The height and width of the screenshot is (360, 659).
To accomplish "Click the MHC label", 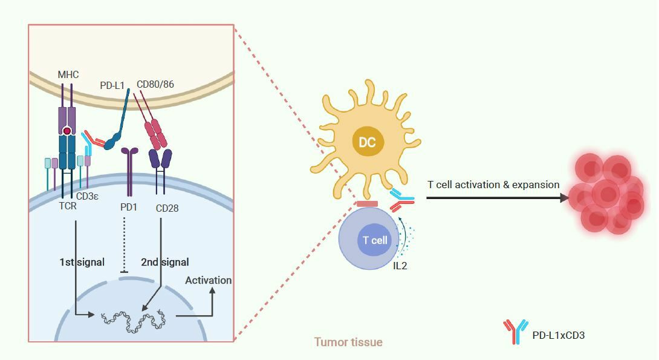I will (68, 74).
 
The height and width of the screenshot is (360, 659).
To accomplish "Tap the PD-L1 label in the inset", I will (112, 85).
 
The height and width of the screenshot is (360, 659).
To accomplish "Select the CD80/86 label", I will (155, 84).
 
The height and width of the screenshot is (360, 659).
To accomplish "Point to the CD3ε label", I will (88, 195).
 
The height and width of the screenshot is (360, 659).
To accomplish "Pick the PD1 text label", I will (129, 207).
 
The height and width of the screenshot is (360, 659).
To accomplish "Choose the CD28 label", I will (166, 208).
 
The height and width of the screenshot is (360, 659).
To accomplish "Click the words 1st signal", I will (82, 262).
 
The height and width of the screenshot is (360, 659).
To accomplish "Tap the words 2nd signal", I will (164, 262).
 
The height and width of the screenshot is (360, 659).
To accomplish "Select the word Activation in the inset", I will (208, 280).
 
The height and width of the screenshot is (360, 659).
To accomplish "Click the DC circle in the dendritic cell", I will (367, 143).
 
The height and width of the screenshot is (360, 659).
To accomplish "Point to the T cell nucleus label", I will (375, 240).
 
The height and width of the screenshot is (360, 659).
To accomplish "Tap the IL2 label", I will (400, 265).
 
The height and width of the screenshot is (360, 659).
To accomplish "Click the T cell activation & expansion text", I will (493, 185).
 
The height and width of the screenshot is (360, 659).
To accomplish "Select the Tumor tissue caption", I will (348, 342).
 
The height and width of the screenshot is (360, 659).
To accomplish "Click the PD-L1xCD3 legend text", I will (558, 335).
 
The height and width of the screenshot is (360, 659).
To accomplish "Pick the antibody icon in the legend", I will (516, 332).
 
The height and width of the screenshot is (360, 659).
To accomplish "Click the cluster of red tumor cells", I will (608, 194).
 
